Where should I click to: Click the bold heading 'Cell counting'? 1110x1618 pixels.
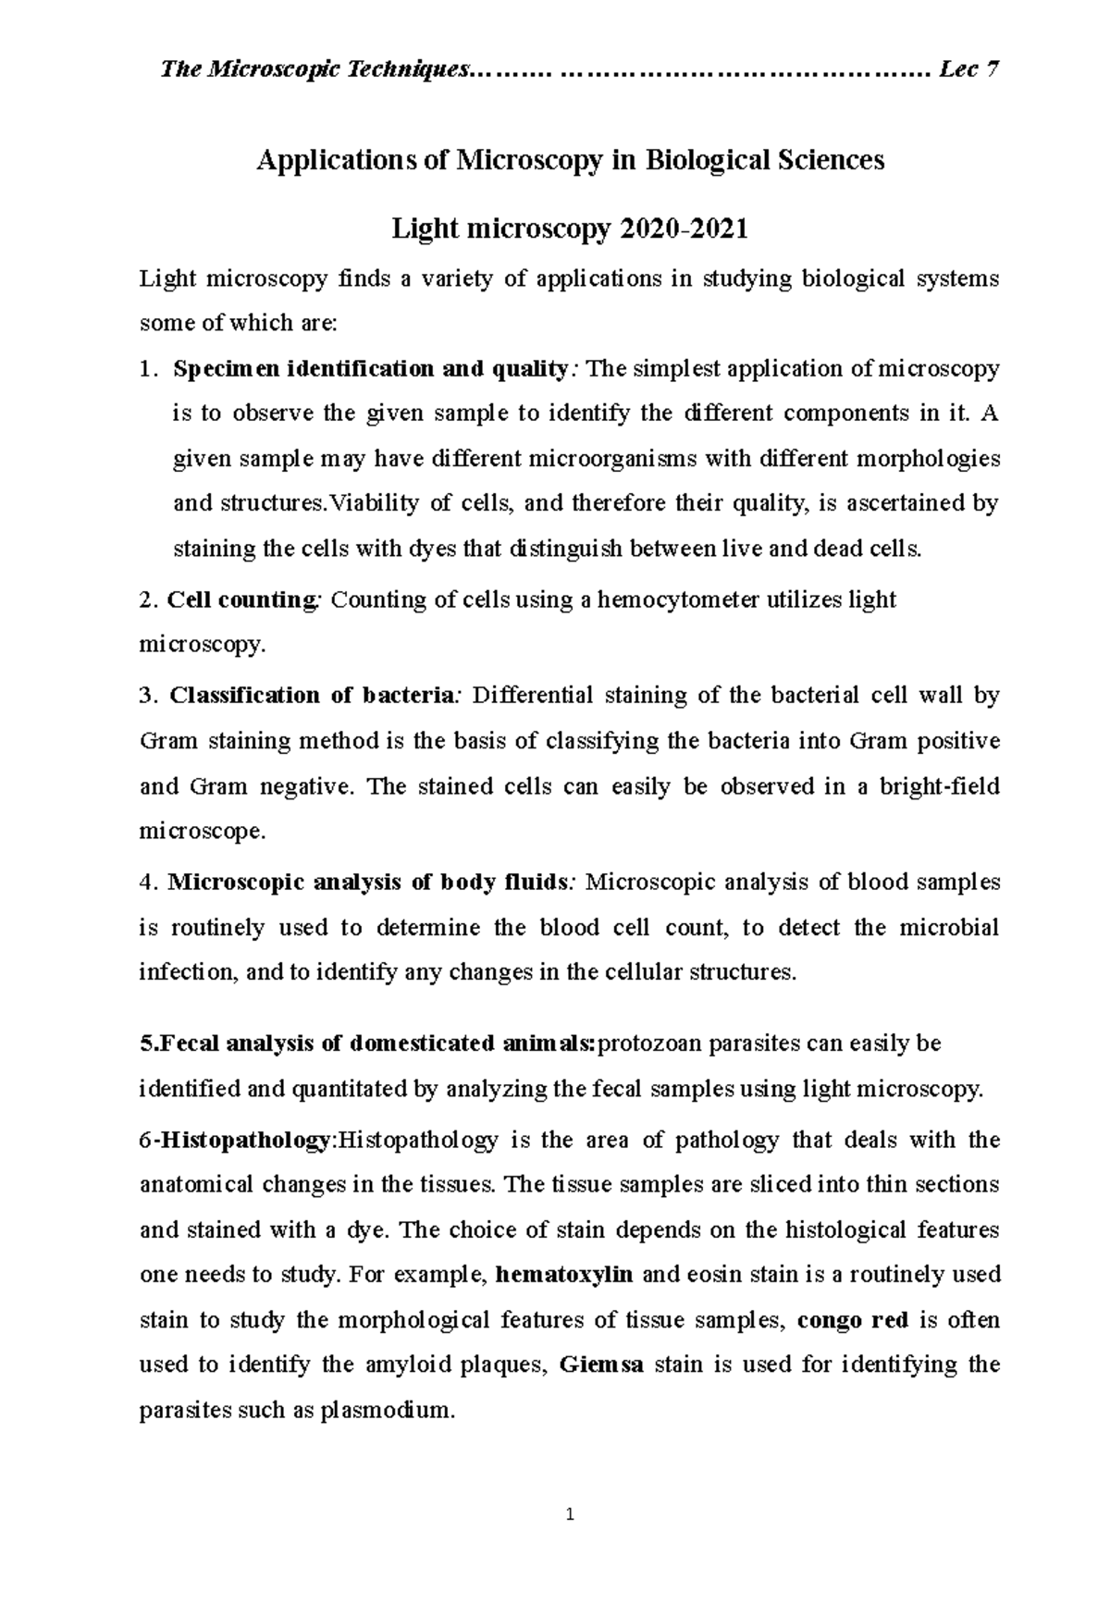241,599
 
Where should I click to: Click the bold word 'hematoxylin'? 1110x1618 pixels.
564,1275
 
